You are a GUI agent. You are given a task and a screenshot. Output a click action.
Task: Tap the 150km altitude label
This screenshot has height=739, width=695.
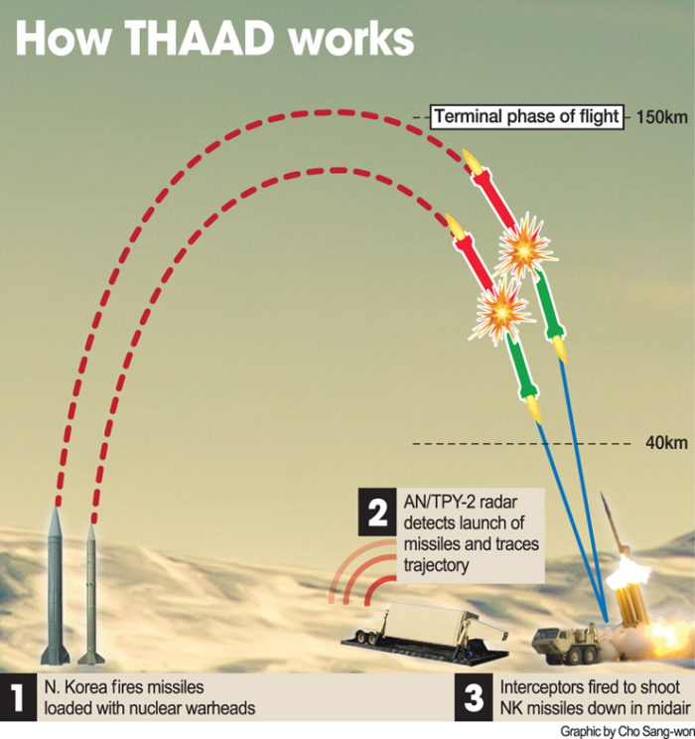coord(662,117)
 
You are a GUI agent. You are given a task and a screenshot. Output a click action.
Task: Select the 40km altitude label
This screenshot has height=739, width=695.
coord(666,443)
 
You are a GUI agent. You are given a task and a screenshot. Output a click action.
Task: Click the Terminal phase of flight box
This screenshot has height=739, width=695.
coord(527,116)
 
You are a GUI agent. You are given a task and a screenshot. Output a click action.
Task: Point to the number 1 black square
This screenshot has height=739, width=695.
coord(18,696)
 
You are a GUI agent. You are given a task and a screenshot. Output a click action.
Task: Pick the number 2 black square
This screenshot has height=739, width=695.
coord(377,512)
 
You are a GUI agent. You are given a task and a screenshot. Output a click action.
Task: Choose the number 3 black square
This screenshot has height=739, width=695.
coord(474,696)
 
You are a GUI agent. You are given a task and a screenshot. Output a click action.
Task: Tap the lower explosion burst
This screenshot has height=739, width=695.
coord(500,311)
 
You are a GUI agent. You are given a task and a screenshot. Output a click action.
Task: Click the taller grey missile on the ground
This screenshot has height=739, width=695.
coord(56,586)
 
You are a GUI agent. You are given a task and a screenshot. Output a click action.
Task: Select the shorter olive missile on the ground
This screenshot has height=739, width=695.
coord(91,595)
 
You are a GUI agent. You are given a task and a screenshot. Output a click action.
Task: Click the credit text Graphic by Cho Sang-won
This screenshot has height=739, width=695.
coord(627,731)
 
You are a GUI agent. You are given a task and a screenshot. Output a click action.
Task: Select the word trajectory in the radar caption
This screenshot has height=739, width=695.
coord(436,565)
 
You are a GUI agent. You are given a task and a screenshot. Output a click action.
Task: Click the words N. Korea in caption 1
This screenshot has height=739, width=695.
coord(76,687)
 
